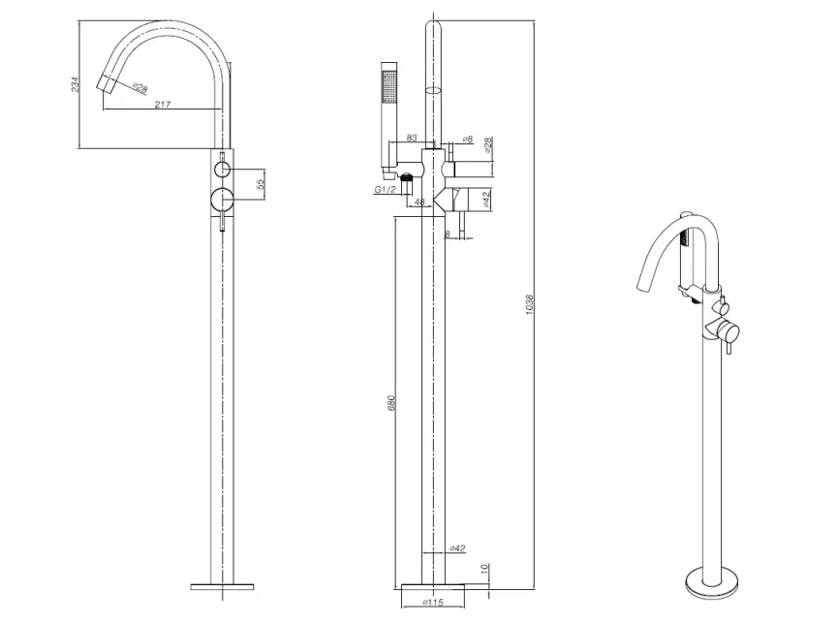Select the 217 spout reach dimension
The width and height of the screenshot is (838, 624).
[x=162, y=104]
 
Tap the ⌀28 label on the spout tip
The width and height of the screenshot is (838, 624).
[x=141, y=88]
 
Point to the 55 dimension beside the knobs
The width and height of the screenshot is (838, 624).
[x=261, y=184]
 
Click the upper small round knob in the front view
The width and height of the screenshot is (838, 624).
[x=223, y=170]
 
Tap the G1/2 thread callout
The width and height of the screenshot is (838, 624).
[x=385, y=191]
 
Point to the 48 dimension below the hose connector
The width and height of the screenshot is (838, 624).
[x=419, y=203]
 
